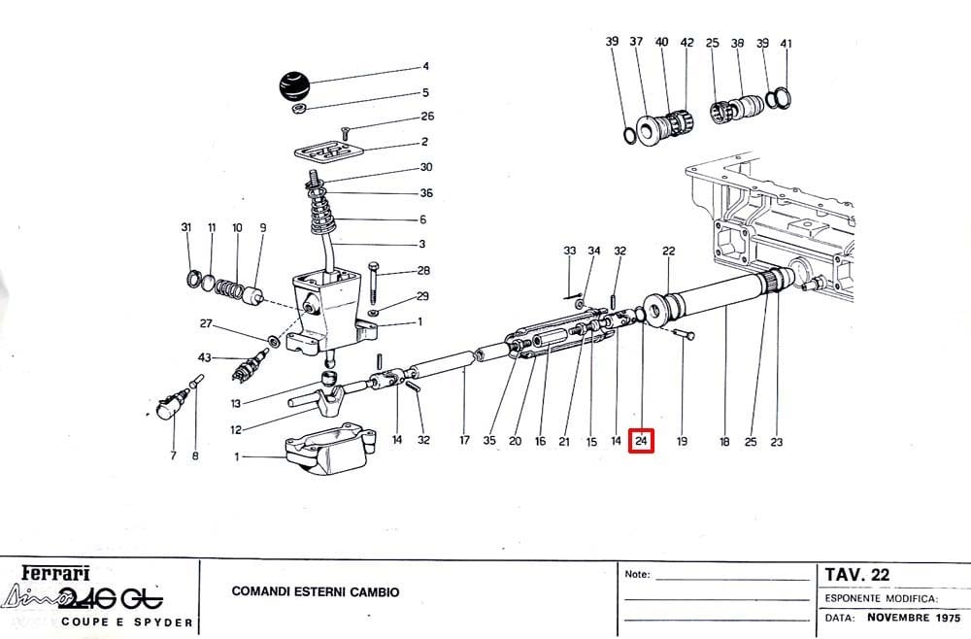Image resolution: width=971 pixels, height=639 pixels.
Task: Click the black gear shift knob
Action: pos(294,86)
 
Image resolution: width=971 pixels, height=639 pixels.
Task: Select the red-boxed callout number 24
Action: pos(641,441)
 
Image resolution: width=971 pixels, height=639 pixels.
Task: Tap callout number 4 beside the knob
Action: pos(425,66)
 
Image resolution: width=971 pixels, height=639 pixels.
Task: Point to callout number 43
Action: pos(204,357)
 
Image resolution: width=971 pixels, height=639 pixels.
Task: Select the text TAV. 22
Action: pos(856,575)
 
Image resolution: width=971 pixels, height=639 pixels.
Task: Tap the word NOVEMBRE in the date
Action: pos(898,618)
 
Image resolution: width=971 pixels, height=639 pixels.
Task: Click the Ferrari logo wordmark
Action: pos(55,573)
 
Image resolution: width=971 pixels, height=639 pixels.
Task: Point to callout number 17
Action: pos(464,440)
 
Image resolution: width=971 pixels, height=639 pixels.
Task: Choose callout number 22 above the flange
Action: pos(668,251)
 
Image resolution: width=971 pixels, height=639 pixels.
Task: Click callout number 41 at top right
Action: pos(786,44)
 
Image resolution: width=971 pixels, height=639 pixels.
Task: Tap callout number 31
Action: pos(186,227)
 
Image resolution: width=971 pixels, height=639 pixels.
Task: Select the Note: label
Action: pos(637,575)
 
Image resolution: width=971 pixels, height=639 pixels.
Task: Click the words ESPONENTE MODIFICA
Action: pos(882,599)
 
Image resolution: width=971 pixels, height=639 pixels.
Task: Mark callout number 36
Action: pos(426,193)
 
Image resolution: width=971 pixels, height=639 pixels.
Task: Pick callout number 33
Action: pos(570,251)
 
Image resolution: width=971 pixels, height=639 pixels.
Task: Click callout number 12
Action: pos(236,429)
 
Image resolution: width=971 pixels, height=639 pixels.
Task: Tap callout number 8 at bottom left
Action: pos(196,456)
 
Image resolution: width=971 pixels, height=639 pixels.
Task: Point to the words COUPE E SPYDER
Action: pos(127,622)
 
